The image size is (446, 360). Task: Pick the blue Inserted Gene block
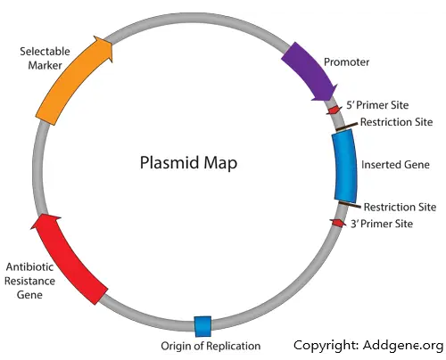coord(345,167)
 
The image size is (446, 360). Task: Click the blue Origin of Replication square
coord(202,326)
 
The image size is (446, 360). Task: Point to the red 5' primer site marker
coord(334,110)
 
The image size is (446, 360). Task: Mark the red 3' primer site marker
coord(338,223)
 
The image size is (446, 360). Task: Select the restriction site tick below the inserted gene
coord(350,204)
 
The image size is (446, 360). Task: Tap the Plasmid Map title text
coord(188,163)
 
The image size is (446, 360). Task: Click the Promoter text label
coord(346,62)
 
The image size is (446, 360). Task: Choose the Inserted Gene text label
coord(395,165)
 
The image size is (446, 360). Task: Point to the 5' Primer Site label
coord(377,105)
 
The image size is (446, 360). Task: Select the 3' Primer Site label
coord(382,224)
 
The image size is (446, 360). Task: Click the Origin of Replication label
coord(211,346)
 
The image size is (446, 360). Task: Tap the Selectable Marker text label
coord(45,58)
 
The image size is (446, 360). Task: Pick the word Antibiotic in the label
coord(29,266)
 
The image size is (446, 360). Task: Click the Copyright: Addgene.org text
coord(368,346)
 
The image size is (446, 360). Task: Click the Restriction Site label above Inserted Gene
coord(396,122)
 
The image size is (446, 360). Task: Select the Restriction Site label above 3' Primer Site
coord(400,207)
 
